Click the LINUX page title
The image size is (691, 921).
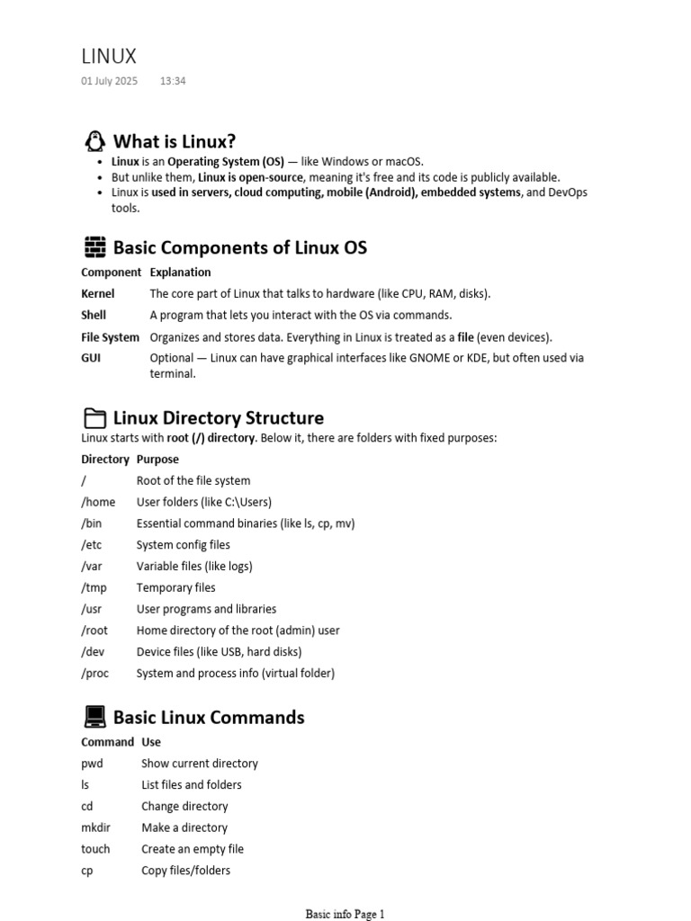coord(109,56)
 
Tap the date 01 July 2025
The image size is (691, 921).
coord(109,81)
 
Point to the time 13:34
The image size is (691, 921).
coord(173,81)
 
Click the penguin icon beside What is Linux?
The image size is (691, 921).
coord(94,141)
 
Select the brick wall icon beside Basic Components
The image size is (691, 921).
coord(94,247)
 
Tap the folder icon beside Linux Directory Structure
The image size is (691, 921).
coord(94,418)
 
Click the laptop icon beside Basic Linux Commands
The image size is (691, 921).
coord(94,717)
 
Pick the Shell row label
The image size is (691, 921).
coord(94,315)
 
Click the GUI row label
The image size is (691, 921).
coord(92,358)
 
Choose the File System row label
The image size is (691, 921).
coord(110,337)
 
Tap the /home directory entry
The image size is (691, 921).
coord(98,502)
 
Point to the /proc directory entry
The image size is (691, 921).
coord(95,674)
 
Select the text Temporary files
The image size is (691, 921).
coord(176,588)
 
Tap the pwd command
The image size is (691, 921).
coord(92,764)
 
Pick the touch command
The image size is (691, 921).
coord(95,849)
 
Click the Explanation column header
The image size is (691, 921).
coord(180,273)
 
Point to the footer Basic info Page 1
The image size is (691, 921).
coord(345,915)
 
